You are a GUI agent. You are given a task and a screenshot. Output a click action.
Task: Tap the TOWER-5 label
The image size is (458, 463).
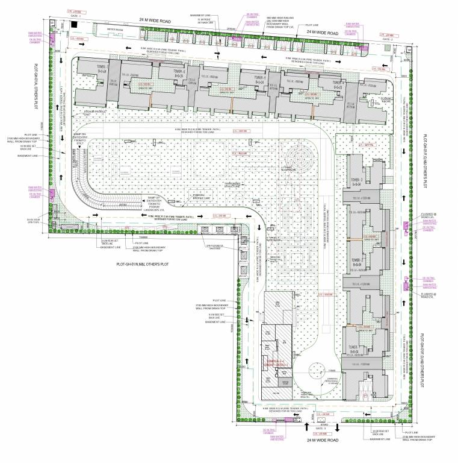point(259,78)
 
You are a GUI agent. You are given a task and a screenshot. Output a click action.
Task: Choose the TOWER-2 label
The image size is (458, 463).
point(359,263)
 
